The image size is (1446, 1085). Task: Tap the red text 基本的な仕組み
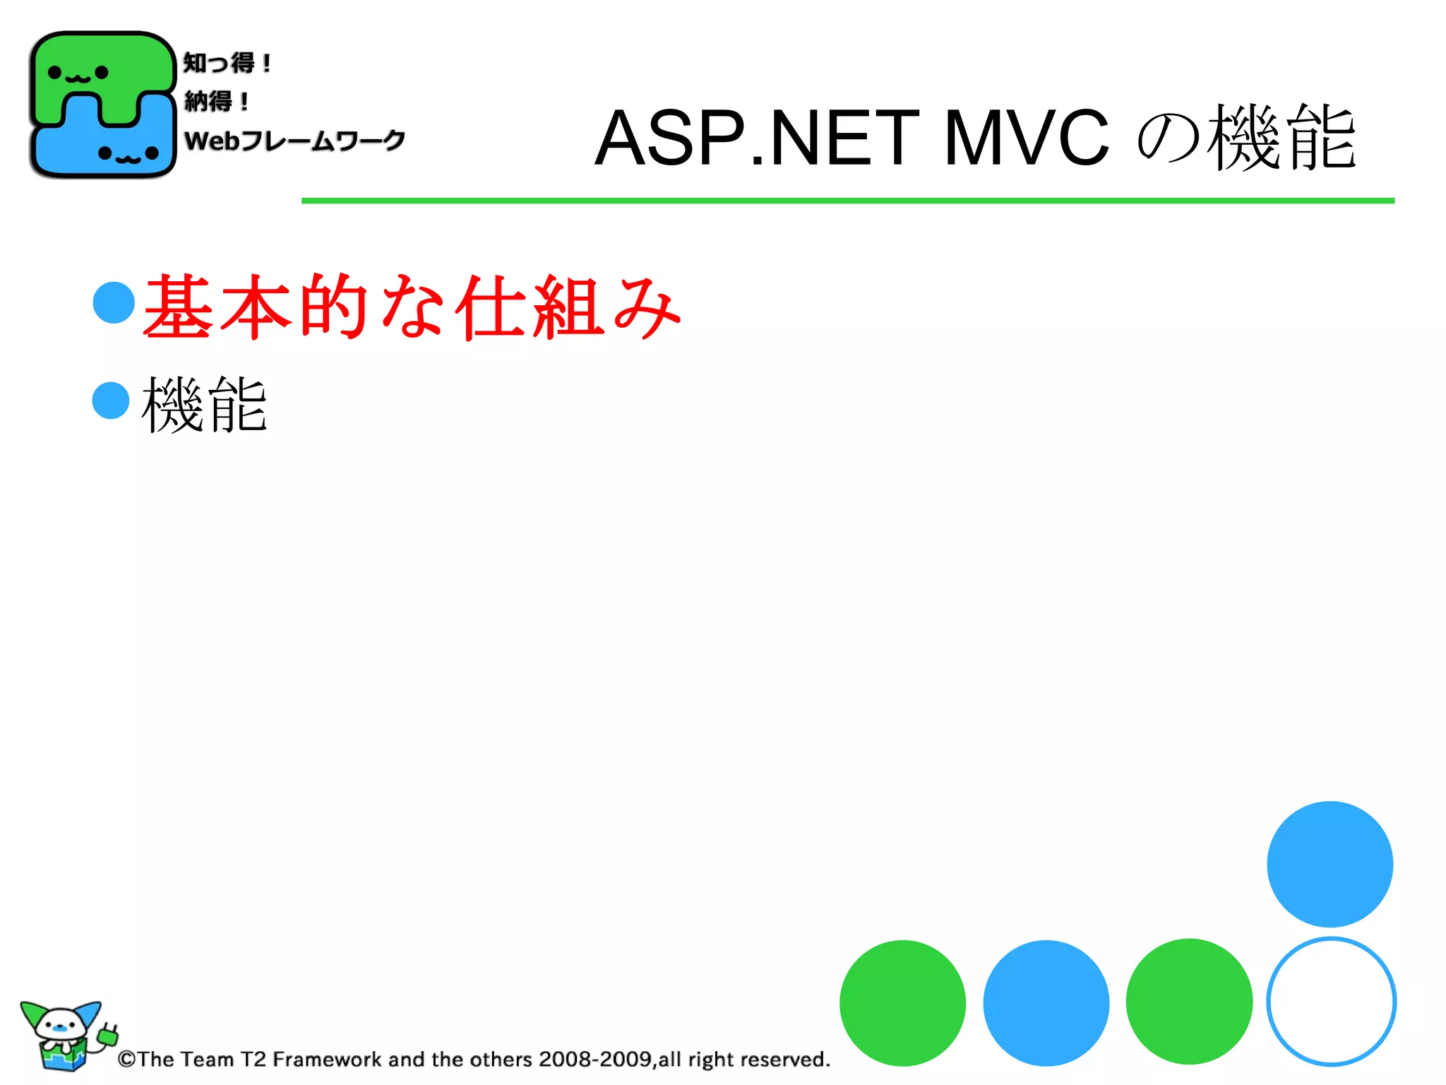tap(412, 307)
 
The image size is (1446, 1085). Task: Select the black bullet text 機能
tap(205, 404)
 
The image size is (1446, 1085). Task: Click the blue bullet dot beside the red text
tap(114, 302)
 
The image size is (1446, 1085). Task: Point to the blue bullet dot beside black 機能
tap(111, 401)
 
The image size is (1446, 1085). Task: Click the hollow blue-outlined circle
tap(1331, 1002)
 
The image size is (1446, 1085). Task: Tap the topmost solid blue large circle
tap(1330, 864)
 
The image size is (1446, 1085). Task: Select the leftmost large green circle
tap(902, 1003)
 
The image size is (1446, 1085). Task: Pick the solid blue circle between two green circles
tap(1046, 1003)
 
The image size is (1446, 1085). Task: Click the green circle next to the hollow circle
tap(1189, 1002)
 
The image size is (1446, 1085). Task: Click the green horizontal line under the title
tap(847, 201)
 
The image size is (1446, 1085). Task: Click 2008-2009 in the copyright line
tap(594, 1060)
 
